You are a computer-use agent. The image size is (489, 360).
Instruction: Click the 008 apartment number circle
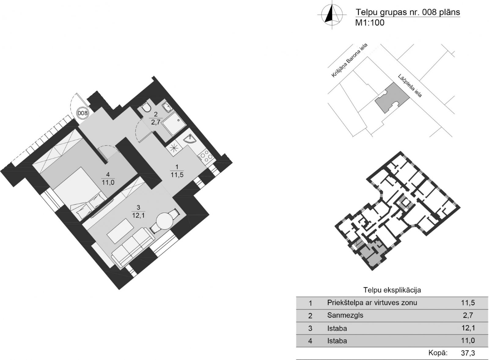[x=83, y=113]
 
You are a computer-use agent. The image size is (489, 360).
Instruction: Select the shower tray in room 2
[x=174, y=124]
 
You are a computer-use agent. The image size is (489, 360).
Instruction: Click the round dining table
[x=165, y=221]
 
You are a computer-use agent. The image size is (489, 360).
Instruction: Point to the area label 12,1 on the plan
[x=138, y=216]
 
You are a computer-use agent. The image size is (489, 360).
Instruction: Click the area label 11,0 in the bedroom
[x=108, y=182]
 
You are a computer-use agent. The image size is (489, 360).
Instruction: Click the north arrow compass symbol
[x=332, y=15]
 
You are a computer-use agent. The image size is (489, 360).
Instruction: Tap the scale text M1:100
[x=370, y=23]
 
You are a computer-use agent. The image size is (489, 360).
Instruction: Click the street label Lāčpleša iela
[x=410, y=86]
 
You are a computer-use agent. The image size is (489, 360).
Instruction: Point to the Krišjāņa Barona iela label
[x=350, y=60]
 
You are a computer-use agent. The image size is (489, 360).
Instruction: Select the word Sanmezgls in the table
[x=345, y=315]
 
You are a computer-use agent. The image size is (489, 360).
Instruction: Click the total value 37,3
[x=468, y=353]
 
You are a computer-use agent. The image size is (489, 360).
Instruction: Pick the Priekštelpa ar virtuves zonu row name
[x=372, y=303]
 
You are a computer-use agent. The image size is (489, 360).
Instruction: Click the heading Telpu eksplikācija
[x=392, y=290]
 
